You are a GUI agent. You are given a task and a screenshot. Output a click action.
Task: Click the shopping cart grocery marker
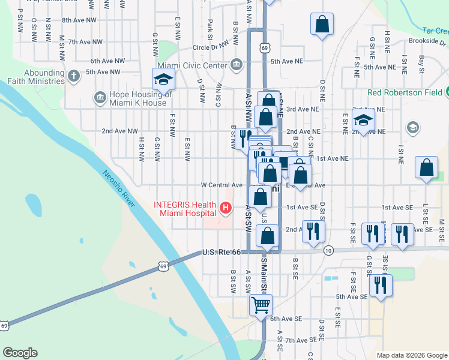pyautogui.click(x=261, y=305)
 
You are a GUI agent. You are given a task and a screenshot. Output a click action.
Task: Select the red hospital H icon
pyautogui.click(x=226, y=209)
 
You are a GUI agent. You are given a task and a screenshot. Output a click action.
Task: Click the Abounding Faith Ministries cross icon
pyautogui.click(x=74, y=76)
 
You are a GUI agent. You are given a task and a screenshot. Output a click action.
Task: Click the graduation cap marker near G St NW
pyautogui.click(x=163, y=80)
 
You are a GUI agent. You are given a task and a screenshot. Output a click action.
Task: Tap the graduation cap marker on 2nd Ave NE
pyautogui.click(x=363, y=119)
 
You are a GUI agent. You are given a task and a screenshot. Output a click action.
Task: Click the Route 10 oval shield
pyautogui.click(x=328, y=250)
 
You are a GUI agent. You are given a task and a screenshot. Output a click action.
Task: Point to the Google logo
pyautogui.click(x=20, y=353)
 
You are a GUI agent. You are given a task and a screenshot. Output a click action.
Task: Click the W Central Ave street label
pyautogui.click(x=221, y=185)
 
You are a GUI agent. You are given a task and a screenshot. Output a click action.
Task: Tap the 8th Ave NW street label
pyautogui.click(x=79, y=20)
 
